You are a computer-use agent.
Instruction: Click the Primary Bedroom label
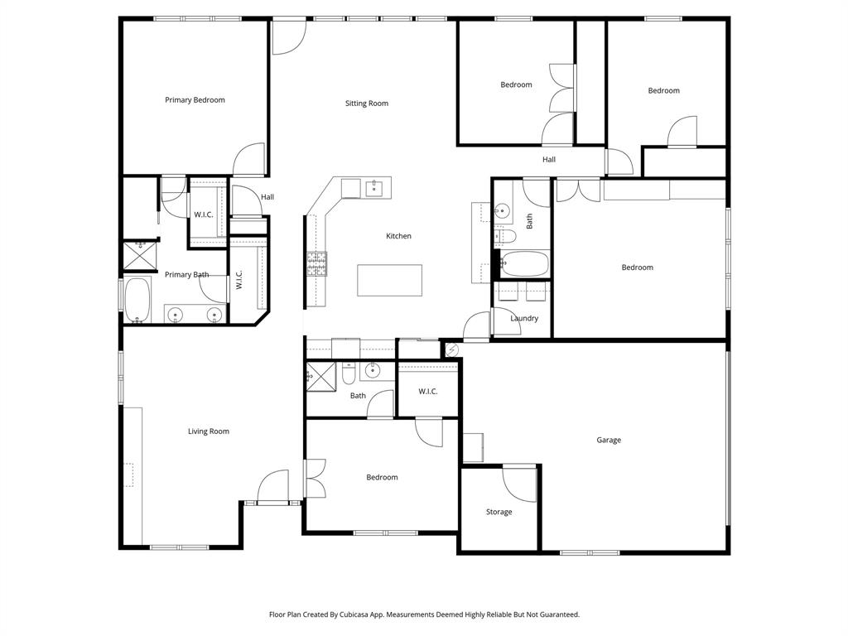tap(195, 100)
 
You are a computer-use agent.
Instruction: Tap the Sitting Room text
tap(367, 104)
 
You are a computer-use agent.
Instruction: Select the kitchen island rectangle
tap(389, 280)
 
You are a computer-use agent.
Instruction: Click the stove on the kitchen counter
tap(317, 263)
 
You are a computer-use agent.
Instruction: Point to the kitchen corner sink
tap(375, 189)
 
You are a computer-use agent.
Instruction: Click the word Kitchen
tap(398, 236)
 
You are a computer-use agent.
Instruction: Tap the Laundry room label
tap(524, 318)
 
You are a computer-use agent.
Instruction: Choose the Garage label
tap(609, 440)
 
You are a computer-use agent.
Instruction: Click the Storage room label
tap(499, 512)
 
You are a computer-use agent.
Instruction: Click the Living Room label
tap(208, 431)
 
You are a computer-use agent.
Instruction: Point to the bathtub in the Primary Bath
tap(137, 300)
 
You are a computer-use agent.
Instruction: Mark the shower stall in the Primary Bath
tap(140, 256)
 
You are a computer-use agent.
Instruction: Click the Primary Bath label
tap(186, 274)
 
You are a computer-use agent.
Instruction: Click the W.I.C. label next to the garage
tap(427, 391)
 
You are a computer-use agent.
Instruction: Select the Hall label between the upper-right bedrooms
tap(549, 159)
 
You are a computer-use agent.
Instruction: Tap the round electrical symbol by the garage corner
tap(451, 350)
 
